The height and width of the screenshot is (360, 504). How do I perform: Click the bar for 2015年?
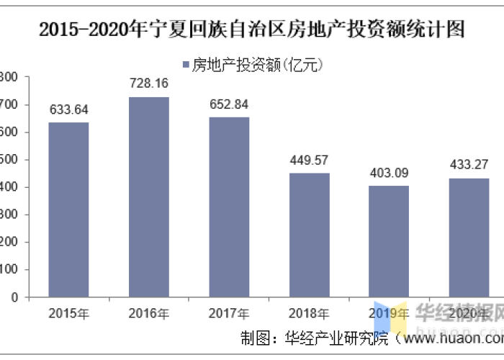pos(68,210)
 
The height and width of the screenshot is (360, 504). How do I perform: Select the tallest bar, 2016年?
pos(149,197)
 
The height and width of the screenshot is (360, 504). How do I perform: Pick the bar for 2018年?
pos(310,235)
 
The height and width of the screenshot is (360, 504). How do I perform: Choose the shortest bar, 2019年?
pos(389,241)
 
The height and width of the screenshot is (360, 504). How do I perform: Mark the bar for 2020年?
pos(469,238)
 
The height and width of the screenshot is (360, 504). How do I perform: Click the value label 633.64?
pos(68,109)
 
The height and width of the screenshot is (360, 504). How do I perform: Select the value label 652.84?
pos(229,104)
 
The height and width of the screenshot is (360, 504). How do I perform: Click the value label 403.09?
pos(389,173)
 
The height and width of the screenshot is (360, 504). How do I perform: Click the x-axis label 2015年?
pos(68,313)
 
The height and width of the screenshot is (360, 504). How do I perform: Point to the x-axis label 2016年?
pos(149,313)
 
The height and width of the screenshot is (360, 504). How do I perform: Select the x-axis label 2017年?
pos(229,313)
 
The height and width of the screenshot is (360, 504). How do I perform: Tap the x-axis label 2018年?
pos(310,313)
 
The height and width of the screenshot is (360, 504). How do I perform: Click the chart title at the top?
pos(252,30)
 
